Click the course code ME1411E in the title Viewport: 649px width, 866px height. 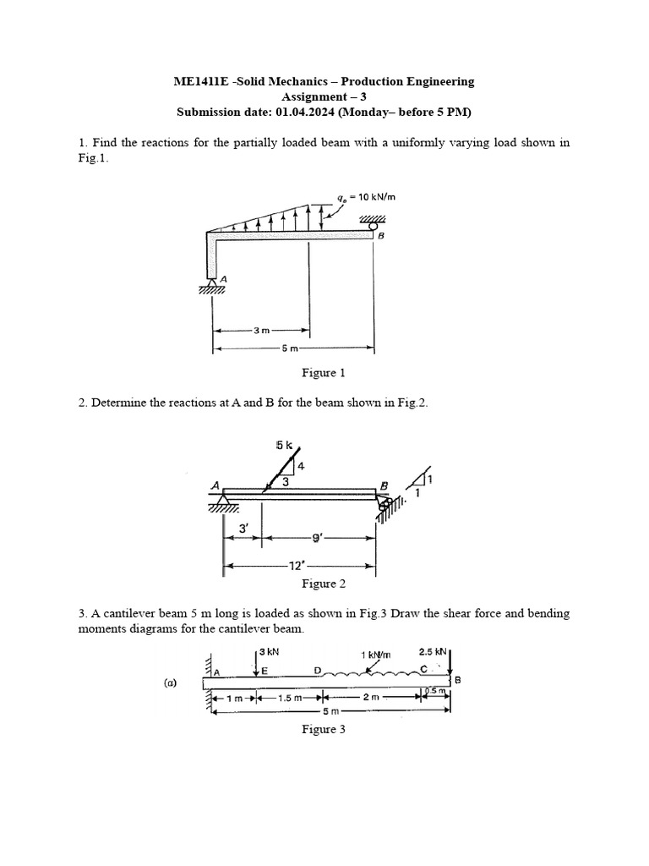coord(199,82)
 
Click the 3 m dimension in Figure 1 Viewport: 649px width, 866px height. coord(260,330)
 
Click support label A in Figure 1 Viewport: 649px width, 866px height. coord(224,278)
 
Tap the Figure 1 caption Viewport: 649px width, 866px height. coord(324,373)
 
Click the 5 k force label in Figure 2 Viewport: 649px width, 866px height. coord(285,445)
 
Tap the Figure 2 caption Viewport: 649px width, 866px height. coord(324,584)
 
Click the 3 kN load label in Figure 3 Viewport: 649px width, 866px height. coord(269,652)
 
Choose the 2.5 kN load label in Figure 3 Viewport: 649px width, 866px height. coord(433,652)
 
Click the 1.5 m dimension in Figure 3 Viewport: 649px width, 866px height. coord(291,699)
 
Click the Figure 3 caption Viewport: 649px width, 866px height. coord(324,730)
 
